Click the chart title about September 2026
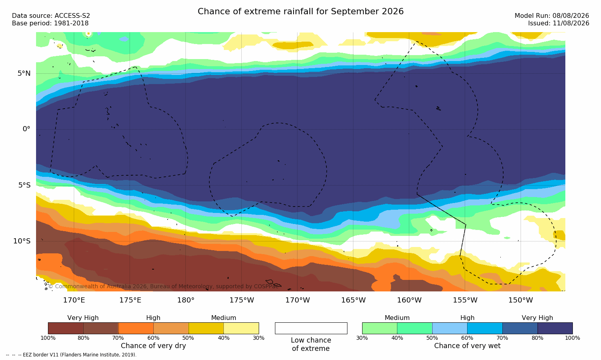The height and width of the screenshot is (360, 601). [x=300, y=11]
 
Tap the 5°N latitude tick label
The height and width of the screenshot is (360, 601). [x=24, y=73]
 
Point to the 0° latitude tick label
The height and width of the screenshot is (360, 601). [x=26, y=129]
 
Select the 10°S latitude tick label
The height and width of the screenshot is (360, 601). [x=22, y=241]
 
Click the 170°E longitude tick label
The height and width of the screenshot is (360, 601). [x=74, y=300]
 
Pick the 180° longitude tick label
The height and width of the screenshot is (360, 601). [x=186, y=300]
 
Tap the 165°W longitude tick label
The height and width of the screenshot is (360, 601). [x=353, y=300]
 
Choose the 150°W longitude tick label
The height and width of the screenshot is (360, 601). [x=521, y=300]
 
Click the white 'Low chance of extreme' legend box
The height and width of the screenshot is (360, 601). [x=311, y=328]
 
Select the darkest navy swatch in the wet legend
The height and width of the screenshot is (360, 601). [x=555, y=328]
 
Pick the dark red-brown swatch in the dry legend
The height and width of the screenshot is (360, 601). [x=66, y=328]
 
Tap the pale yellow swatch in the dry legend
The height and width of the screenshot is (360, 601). [x=241, y=328]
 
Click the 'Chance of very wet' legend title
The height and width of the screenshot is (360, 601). [x=467, y=346]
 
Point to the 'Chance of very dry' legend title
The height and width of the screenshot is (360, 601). [x=153, y=346]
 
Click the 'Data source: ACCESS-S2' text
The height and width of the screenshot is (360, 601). [x=51, y=16]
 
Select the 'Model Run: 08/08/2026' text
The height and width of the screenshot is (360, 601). [x=551, y=16]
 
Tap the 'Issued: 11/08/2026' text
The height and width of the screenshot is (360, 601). [x=559, y=23]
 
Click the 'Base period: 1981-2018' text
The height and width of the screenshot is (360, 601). [x=50, y=23]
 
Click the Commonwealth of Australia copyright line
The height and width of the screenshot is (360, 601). [x=163, y=286]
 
